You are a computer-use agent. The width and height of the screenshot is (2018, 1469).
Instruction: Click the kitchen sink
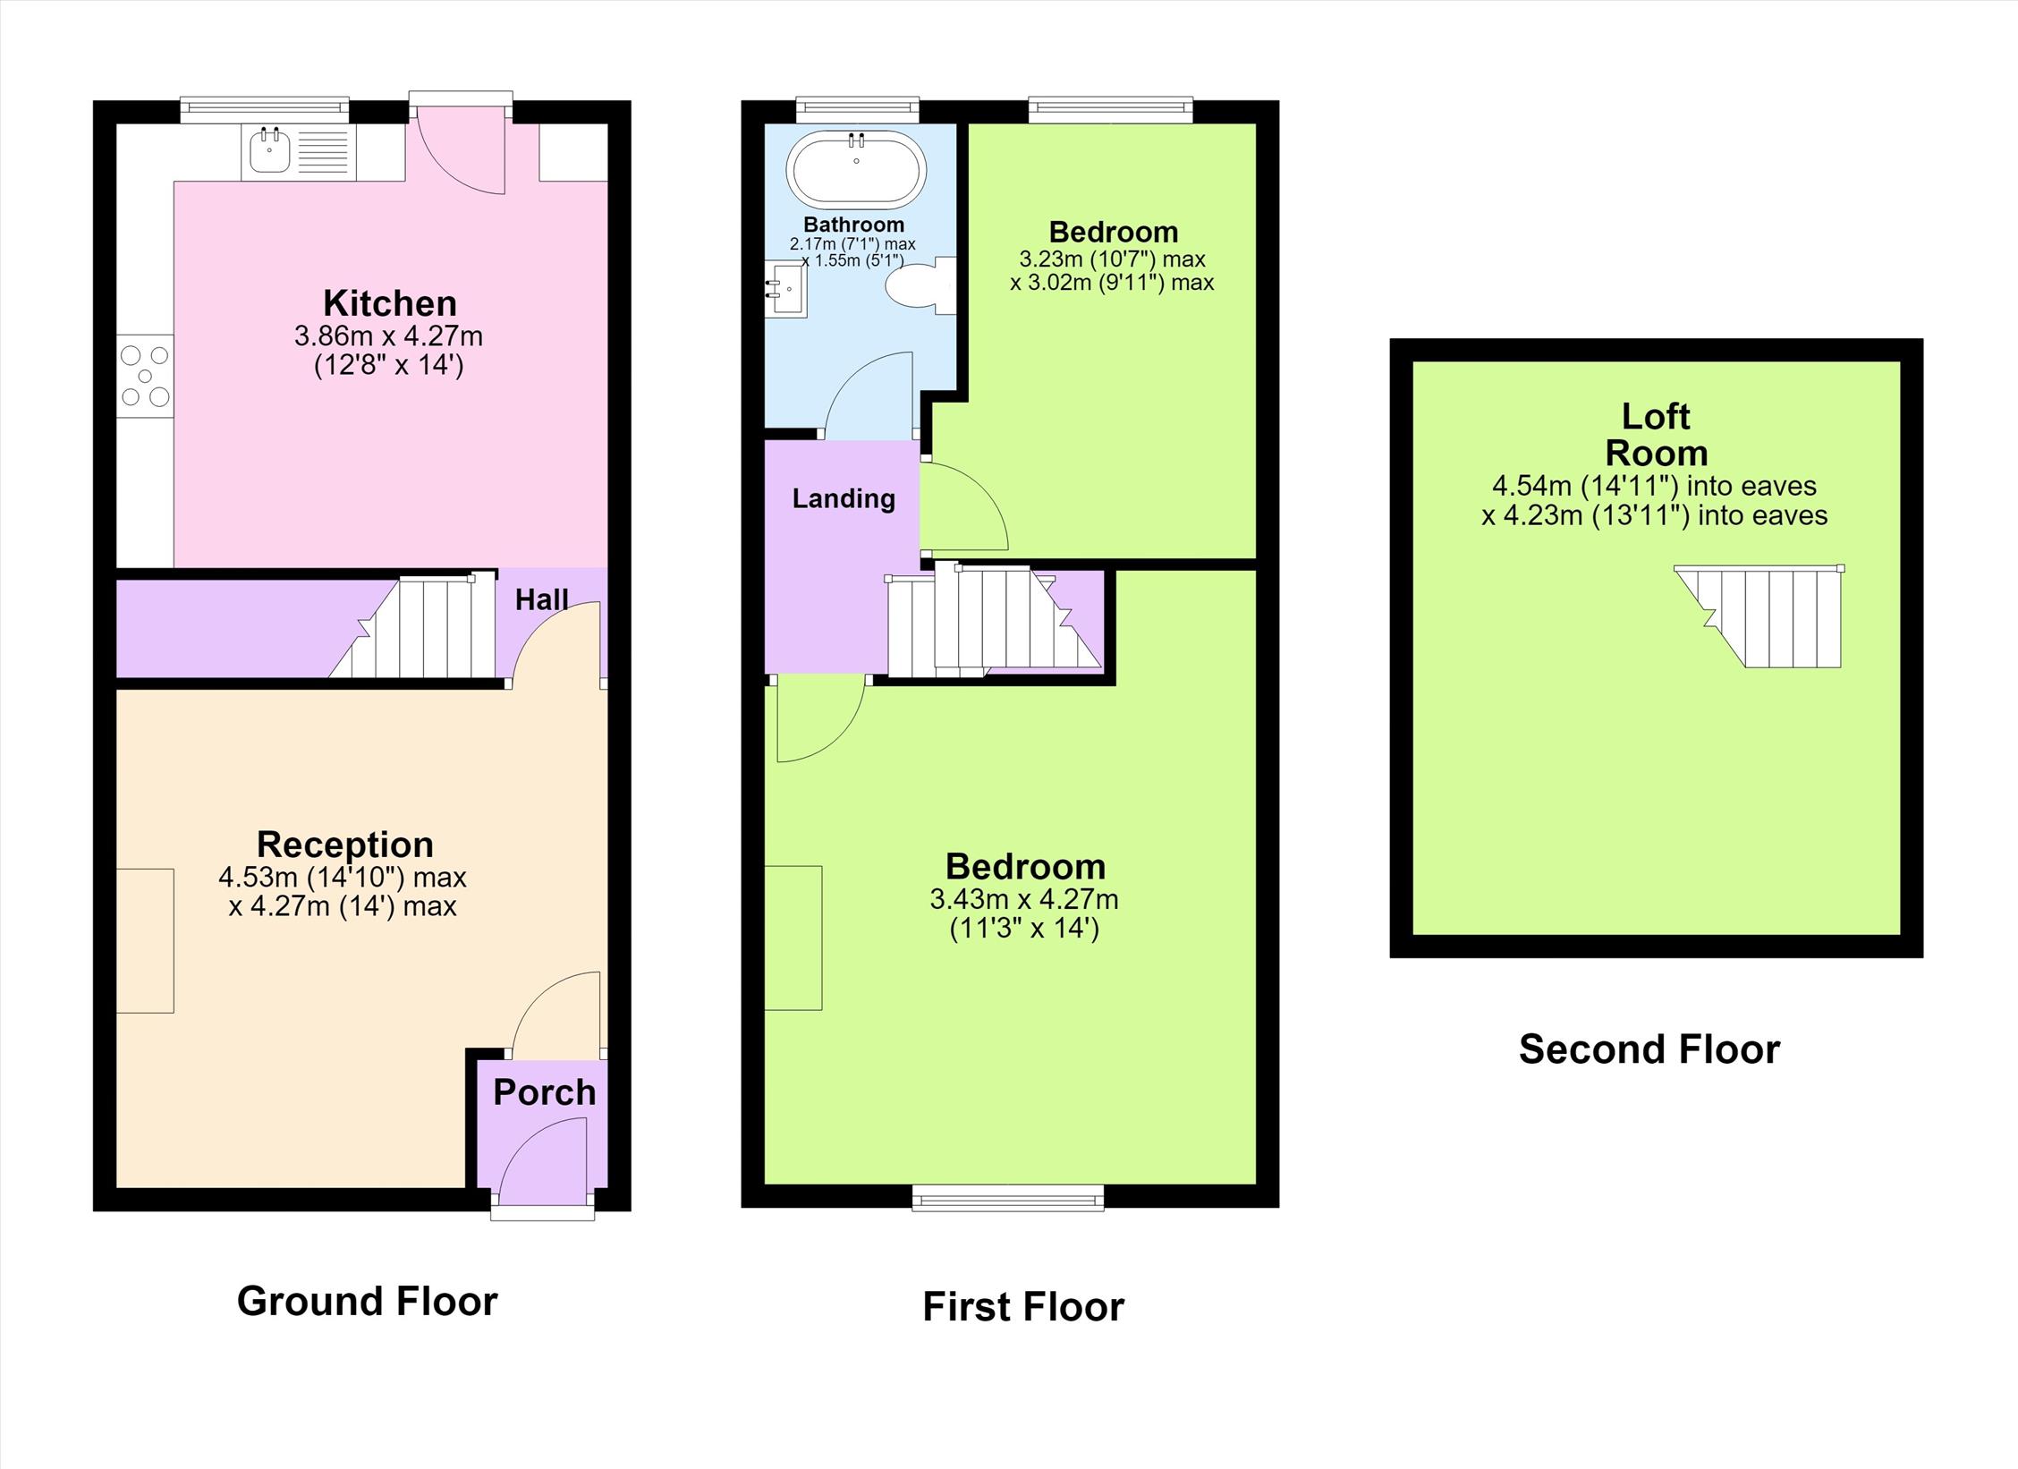(299, 152)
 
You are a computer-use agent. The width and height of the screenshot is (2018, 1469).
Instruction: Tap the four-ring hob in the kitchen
(145, 377)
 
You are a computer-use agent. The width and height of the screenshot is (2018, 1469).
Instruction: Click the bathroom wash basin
(786, 289)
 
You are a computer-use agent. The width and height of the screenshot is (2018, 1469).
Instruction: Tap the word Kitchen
(390, 303)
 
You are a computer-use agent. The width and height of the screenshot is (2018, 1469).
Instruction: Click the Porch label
(545, 1092)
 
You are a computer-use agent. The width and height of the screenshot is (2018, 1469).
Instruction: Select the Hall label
(542, 599)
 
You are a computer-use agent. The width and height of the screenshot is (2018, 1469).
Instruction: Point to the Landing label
(844, 498)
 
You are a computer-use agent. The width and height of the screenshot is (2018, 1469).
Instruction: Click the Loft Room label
(1657, 435)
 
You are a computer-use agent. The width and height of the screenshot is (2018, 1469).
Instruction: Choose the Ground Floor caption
(368, 1301)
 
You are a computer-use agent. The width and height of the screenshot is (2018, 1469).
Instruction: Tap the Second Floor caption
(1649, 1049)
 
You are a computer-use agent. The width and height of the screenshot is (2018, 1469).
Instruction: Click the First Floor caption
(1023, 1307)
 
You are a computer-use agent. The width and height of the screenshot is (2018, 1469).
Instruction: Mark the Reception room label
(345, 845)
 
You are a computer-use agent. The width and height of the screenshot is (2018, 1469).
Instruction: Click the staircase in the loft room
(1759, 616)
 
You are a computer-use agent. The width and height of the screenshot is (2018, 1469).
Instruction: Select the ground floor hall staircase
(412, 627)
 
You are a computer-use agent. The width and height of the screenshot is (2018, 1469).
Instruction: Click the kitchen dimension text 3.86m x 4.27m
(388, 336)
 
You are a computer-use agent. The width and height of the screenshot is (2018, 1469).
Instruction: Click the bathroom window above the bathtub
(858, 110)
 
